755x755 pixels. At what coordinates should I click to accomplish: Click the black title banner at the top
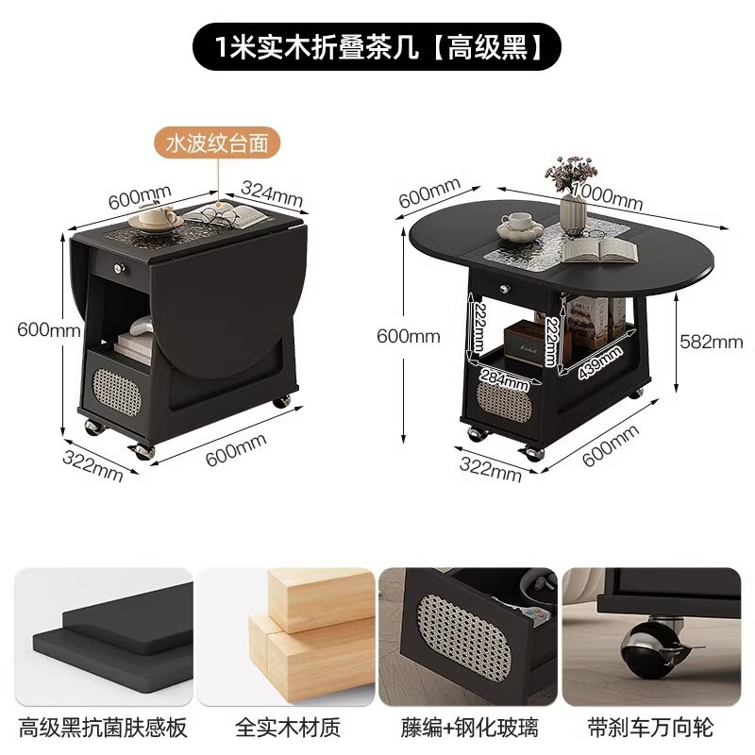coord(377,46)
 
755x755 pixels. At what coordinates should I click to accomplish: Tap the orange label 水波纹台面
coord(218,143)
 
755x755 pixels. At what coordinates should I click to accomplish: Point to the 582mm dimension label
coord(712,341)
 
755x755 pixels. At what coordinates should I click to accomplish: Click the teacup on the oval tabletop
coord(515,224)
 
